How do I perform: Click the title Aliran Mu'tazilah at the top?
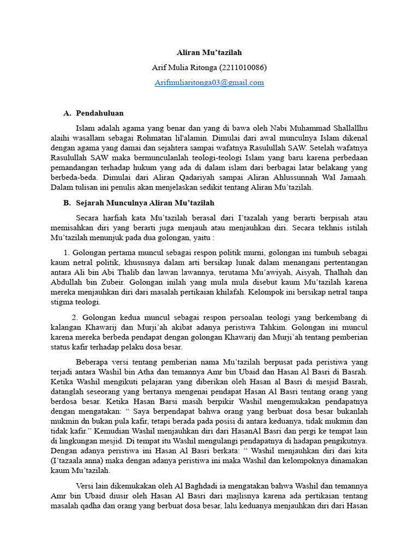(x=209, y=53)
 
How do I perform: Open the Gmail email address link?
(x=209, y=83)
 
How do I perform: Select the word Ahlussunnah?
(x=303, y=178)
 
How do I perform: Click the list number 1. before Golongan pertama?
(x=67, y=253)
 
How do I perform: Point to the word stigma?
(x=62, y=302)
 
